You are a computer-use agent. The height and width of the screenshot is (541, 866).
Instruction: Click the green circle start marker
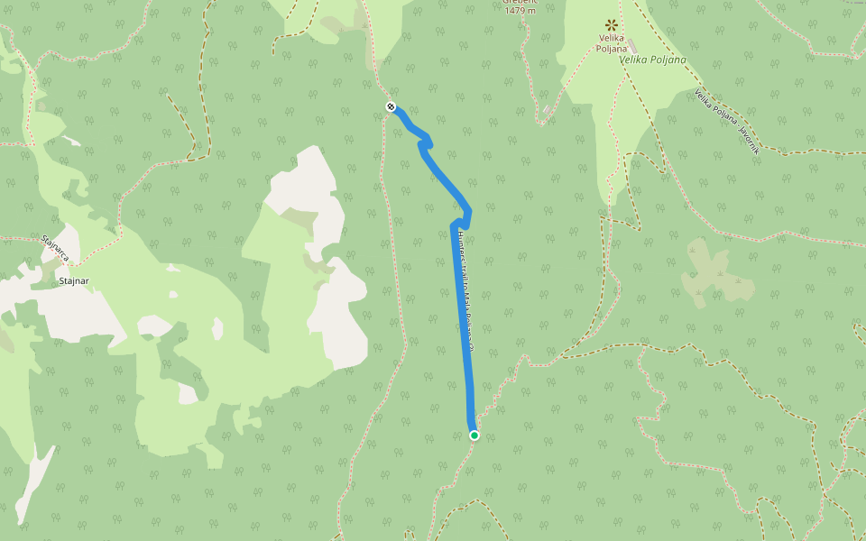(474, 436)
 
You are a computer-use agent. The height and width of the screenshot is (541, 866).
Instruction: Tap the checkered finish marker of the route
(391, 106)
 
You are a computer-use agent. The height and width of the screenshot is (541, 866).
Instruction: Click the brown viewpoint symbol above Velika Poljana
(611, 24)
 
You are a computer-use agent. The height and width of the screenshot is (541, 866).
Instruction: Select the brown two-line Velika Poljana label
(611, 43)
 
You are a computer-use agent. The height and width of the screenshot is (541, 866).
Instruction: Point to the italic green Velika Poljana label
(652, 60)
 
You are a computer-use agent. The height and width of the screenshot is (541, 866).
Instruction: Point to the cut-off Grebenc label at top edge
(520, 2)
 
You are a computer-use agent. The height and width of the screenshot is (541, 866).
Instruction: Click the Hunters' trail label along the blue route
(465, 289)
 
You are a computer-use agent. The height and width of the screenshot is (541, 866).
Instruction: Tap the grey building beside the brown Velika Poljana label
(632, 45)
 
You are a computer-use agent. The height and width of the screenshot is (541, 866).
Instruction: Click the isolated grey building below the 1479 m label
(548, 110)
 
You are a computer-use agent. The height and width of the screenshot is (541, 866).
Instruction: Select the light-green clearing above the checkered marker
(379, 27)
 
